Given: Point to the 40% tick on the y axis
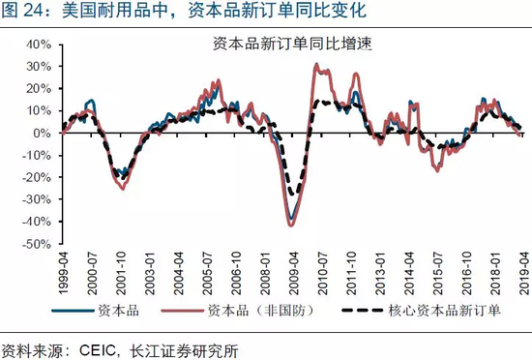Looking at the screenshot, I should (x=38, y=45).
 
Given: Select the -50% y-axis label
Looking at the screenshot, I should (x=36, y=244).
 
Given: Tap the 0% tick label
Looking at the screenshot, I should (x=42, y=134).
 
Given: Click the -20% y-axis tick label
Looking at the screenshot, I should (x=36, y=178).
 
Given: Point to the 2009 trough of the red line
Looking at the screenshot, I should (x=291, y=225).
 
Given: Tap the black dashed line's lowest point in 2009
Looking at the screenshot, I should (x=293, y=195).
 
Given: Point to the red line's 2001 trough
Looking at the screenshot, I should (x=123, y=188).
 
